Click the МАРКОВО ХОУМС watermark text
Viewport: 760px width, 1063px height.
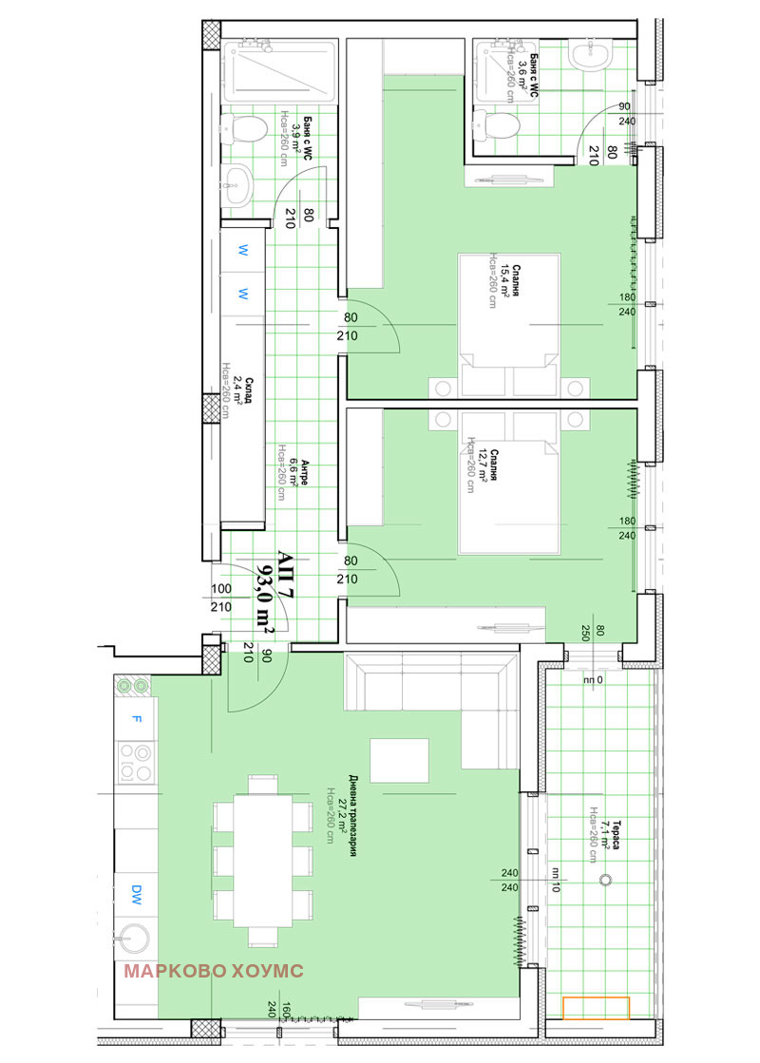coord(214,971)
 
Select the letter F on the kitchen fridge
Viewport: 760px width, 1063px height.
coord(137,718)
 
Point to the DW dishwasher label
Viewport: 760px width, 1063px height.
coord(137,893)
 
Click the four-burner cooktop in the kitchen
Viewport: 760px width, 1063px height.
coord(137,761)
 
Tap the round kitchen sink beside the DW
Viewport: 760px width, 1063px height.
coord(133,937)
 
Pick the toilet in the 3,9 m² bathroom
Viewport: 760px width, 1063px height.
coord(246,127)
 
